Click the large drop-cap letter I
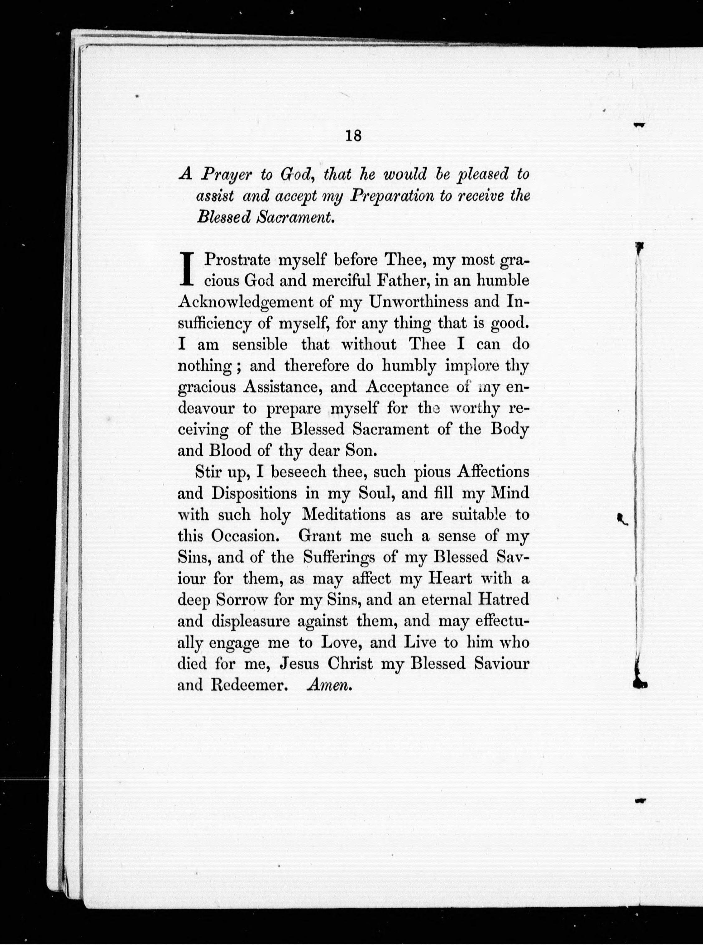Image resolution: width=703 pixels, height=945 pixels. (187, 269)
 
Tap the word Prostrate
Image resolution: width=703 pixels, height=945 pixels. (237, 260)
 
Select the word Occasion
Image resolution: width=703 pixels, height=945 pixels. (245, 536)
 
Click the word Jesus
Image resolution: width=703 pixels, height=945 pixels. (299, 664)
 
